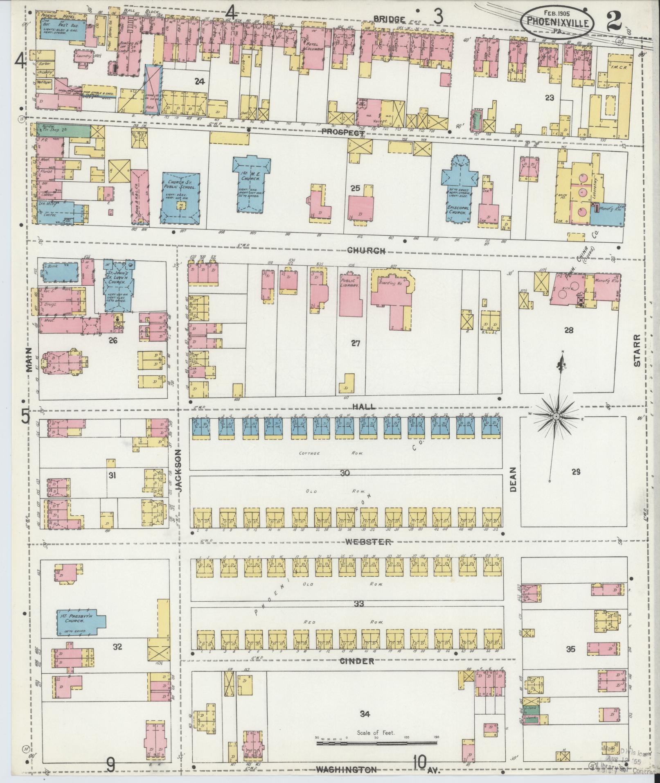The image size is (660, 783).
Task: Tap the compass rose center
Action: [x=556, y=416]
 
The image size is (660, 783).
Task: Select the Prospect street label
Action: [x=342, y=133]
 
